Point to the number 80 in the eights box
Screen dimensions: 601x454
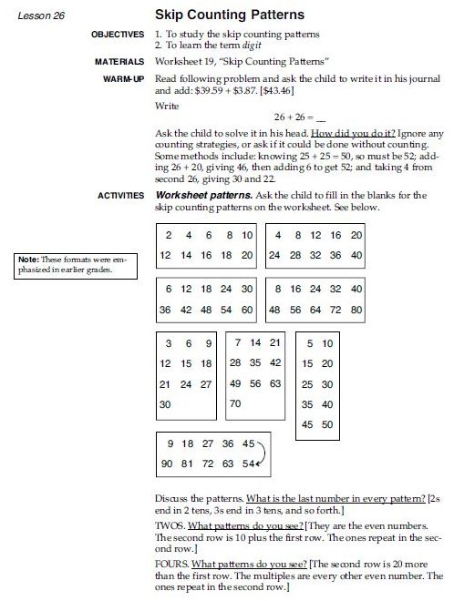[356, 309]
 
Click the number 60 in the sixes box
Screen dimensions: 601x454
[246, 309]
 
